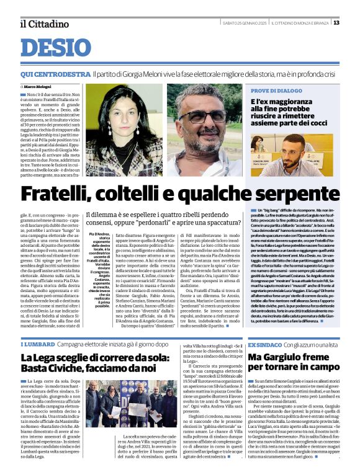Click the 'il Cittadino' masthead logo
(41, 23)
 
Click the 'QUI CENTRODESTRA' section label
(55, 74)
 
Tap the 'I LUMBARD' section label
(37, 344)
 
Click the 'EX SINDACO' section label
(264, 344)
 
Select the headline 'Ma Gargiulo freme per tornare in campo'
(293, 363)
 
